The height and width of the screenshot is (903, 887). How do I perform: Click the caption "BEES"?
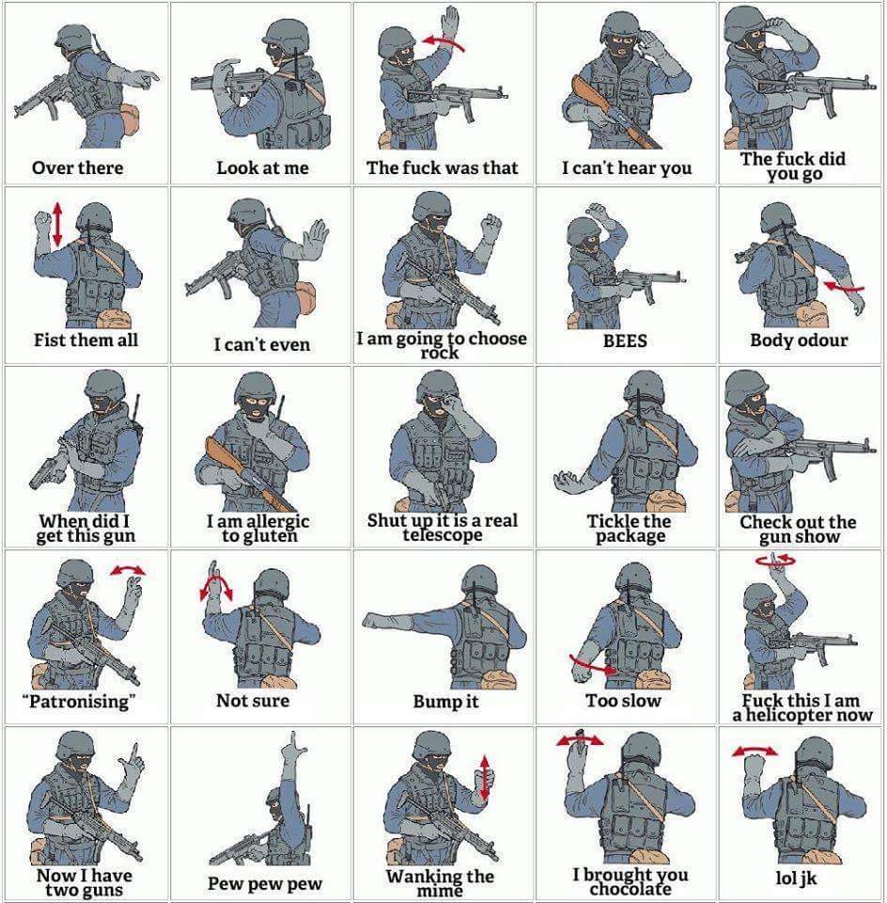pyautogui.click(x=625, y=341)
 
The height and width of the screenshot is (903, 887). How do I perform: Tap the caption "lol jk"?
pyautogui.click(x=796, y=878)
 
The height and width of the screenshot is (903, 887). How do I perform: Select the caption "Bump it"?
pyautogui.click(x=445, y=702)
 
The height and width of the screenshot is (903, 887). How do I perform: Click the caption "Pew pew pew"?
pyautogui.click(x=265, y=883)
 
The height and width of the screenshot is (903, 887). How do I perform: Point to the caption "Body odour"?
pyautogui.click(x=799, y=341)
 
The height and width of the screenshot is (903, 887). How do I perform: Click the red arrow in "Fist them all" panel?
pyautogui.click(x=57, y=224)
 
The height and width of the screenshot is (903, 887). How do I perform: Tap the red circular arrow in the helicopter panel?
pyautogui.click(x=776, y=559)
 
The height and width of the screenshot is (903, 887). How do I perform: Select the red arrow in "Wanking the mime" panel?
pyautogui.click(x=485, y=778)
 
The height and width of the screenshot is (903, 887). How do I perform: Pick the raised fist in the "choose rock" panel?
pyautogui.click(x=490, y=227)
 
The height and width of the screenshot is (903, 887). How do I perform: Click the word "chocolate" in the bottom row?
pyautogui.click(x=630, y=889)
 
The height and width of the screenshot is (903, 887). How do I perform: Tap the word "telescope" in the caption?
pyautogui.click(x=443, y=535)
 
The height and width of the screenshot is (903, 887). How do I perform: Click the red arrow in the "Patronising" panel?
pyautogui.click(x=129, y=570)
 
